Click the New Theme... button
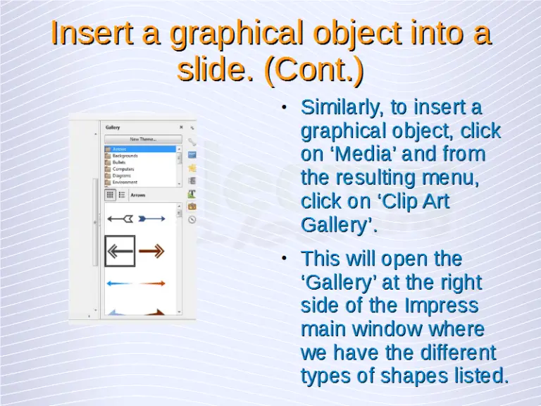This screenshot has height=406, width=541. tap(143, 139)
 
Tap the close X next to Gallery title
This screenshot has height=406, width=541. tap(181, 128)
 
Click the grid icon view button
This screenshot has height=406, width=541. tap(111, 195)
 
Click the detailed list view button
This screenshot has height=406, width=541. tap(122, 195)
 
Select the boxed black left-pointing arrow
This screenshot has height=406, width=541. tap(120, 251)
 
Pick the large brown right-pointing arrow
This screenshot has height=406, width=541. tap(151, 251)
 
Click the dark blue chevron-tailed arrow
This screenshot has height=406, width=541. tap(151, 219)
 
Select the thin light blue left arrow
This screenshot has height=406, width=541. tap(120, 283)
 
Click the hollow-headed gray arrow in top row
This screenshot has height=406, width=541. tap(120, 219)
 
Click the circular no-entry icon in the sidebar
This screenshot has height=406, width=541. tap(192, 219)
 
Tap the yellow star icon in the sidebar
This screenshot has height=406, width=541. tap(192, 168)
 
